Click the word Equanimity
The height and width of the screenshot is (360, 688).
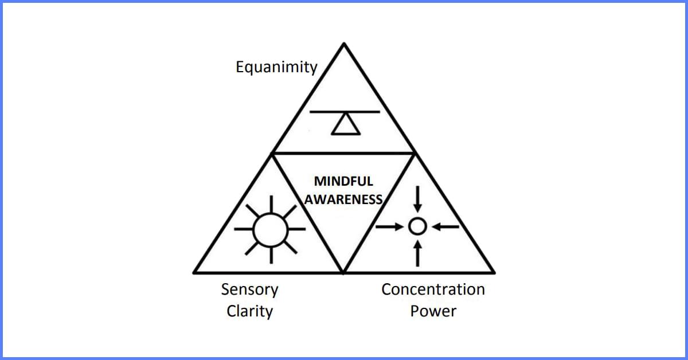point(276,67)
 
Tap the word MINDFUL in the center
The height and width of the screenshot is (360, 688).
point(343,181)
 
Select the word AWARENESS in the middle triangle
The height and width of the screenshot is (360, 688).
point(343,199)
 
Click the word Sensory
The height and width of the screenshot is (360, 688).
point(249,289)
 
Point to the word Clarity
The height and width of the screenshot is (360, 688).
point(249,311)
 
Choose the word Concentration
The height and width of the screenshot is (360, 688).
point(433,289)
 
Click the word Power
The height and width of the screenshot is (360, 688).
point(433,311)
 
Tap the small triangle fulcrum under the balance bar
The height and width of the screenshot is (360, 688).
point(346,125)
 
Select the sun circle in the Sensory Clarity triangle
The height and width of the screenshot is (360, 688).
point(270,228)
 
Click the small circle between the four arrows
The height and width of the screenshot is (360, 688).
point(417,227)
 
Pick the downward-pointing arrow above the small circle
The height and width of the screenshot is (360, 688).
point(417,199)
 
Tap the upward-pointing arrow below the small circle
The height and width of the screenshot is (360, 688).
point(417,253)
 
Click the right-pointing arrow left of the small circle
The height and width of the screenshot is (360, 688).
point(390,227)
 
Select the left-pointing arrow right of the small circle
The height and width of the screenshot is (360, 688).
point(445,227)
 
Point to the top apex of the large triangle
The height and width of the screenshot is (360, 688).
point(343,45)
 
